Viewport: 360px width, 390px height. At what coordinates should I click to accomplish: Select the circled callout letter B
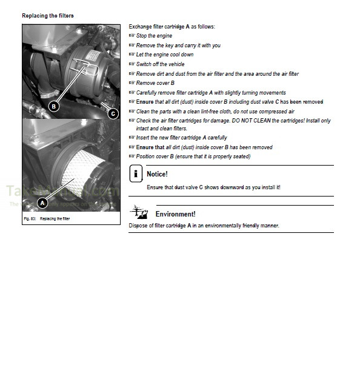53,106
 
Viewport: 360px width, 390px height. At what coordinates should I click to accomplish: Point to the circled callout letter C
113,113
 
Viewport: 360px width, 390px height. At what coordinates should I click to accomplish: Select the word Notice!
157,174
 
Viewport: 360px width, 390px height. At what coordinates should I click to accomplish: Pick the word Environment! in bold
175,214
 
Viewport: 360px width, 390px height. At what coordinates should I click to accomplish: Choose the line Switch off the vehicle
160,64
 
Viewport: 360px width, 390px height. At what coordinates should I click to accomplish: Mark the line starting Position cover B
193,156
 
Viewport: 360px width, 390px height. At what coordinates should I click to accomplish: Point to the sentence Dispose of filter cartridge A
204,226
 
